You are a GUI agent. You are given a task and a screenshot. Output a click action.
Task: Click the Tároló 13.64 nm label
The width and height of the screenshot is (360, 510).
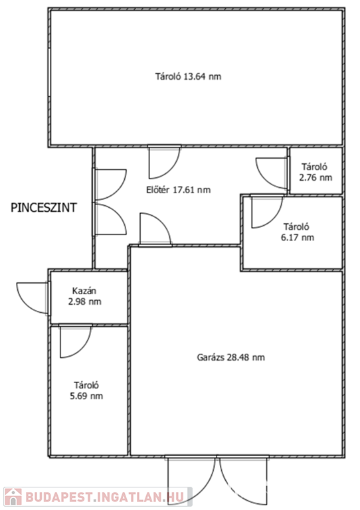pos(188,77)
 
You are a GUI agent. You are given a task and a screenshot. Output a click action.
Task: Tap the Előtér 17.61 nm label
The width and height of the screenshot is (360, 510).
pos(178,190)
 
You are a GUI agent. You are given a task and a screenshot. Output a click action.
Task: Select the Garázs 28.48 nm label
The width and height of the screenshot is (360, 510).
pos(230,357)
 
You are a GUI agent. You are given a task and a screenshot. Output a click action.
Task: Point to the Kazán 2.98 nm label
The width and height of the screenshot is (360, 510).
pos(84,296)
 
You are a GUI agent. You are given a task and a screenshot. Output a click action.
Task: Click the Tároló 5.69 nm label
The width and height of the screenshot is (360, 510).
pos(86,390)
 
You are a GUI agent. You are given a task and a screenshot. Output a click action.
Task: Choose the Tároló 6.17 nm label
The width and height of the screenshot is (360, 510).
pos(298,232)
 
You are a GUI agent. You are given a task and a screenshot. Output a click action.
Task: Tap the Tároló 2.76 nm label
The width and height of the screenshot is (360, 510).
pos(315,172)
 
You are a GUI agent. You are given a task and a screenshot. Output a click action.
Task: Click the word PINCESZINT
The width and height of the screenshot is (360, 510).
pos(44,207)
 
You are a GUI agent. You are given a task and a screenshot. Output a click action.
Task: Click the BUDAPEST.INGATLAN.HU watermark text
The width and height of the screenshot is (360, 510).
pos(105,497)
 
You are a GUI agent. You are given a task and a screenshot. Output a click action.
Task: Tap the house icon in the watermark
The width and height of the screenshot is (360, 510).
pos(13,497)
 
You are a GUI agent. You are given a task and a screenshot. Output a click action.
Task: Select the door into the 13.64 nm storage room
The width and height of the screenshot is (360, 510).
pos(165,162)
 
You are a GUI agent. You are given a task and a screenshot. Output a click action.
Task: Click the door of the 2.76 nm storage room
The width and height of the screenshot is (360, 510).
pos(272,173)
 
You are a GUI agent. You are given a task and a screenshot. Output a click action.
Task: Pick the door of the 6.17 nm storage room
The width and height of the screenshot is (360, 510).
pos(267,211)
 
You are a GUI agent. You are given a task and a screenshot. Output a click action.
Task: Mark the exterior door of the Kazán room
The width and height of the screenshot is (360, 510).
pos(33,298)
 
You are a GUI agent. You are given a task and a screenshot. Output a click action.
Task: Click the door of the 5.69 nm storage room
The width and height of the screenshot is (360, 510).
pos(76,341)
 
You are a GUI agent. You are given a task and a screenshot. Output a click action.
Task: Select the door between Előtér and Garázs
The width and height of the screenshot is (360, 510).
pos(155,229)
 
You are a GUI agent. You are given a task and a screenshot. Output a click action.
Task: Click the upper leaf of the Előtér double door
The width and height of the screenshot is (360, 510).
pos(110,185)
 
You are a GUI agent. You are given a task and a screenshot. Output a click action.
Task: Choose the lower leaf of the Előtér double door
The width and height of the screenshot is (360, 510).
pos(110,218)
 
